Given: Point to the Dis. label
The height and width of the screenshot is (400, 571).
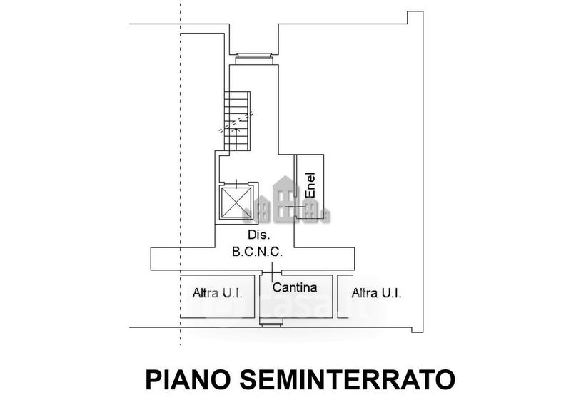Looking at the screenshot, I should (x=258, y=235).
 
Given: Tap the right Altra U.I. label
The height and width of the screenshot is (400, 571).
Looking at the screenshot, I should (x=375, y=293).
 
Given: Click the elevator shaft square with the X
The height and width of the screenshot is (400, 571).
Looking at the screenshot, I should (x=236, y=202).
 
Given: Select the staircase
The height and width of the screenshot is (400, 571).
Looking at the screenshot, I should (x=237, y=120).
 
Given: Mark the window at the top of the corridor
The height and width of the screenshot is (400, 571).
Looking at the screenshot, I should (x=252, y=57).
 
